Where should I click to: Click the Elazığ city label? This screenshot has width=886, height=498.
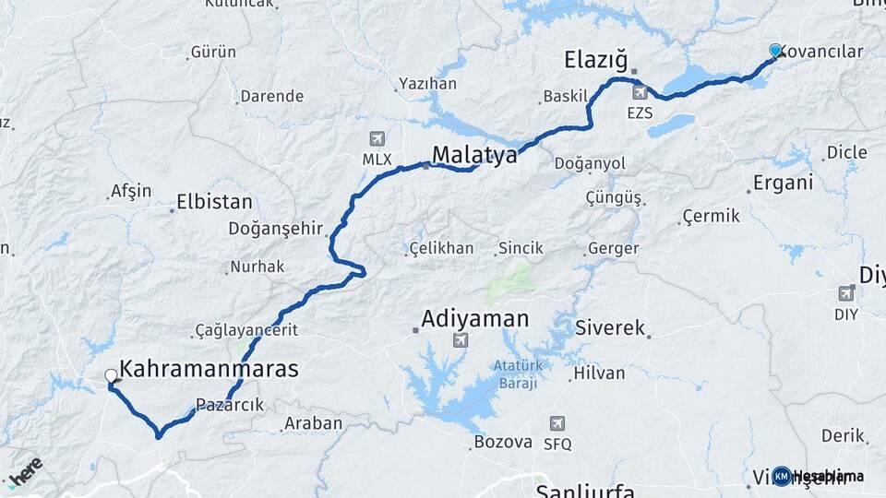pyautogui.click(x=595, y=62)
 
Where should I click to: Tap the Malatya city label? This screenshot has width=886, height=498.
pyautogui.click(x=474, y=154)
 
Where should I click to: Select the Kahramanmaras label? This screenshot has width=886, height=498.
pyautogui.click(x=210, y=369)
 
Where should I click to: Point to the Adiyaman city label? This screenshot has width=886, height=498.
pyautogui.click(x=475, y=319)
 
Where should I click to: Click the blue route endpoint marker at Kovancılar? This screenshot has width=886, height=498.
pyautogui.click(x=775, y=51)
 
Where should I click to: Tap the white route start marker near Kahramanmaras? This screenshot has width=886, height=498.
pyautogui.click(x=112, y=376)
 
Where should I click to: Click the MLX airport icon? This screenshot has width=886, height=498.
pyautogui.click(x=377, y=139)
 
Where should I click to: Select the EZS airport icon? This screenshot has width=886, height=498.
pyautogui.click(x=640, y=93)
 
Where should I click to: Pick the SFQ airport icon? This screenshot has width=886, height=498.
pyautogui.click(x=557, y=423)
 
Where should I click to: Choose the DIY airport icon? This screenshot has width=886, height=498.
pyautogui.click(x=846, y=293)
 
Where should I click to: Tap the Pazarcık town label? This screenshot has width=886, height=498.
pyautogui.click(x=230, y=405)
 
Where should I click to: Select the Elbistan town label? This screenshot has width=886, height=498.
pyautogui.click(x=214, y=201)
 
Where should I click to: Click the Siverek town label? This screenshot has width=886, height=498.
pyautogui.click(x=610, y=327)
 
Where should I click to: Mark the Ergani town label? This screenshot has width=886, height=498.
pyautogui.click(x=783, y=183)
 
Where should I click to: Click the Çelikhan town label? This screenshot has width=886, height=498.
pyautogui.click(x=442, y=248)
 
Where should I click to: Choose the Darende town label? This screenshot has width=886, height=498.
pyautogui.click(x=271, y=96)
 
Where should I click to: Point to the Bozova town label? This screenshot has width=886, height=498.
pyautogui.click(x=503, y=442)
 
